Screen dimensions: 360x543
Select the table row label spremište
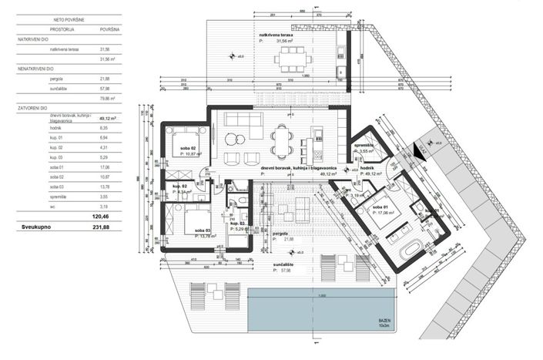click(x=60, y=197)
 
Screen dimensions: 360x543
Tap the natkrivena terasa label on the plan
click(x=277, y=35)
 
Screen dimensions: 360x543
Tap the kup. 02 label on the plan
click(x=179, y=187)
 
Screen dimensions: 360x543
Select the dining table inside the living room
click(x=281, y=143)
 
